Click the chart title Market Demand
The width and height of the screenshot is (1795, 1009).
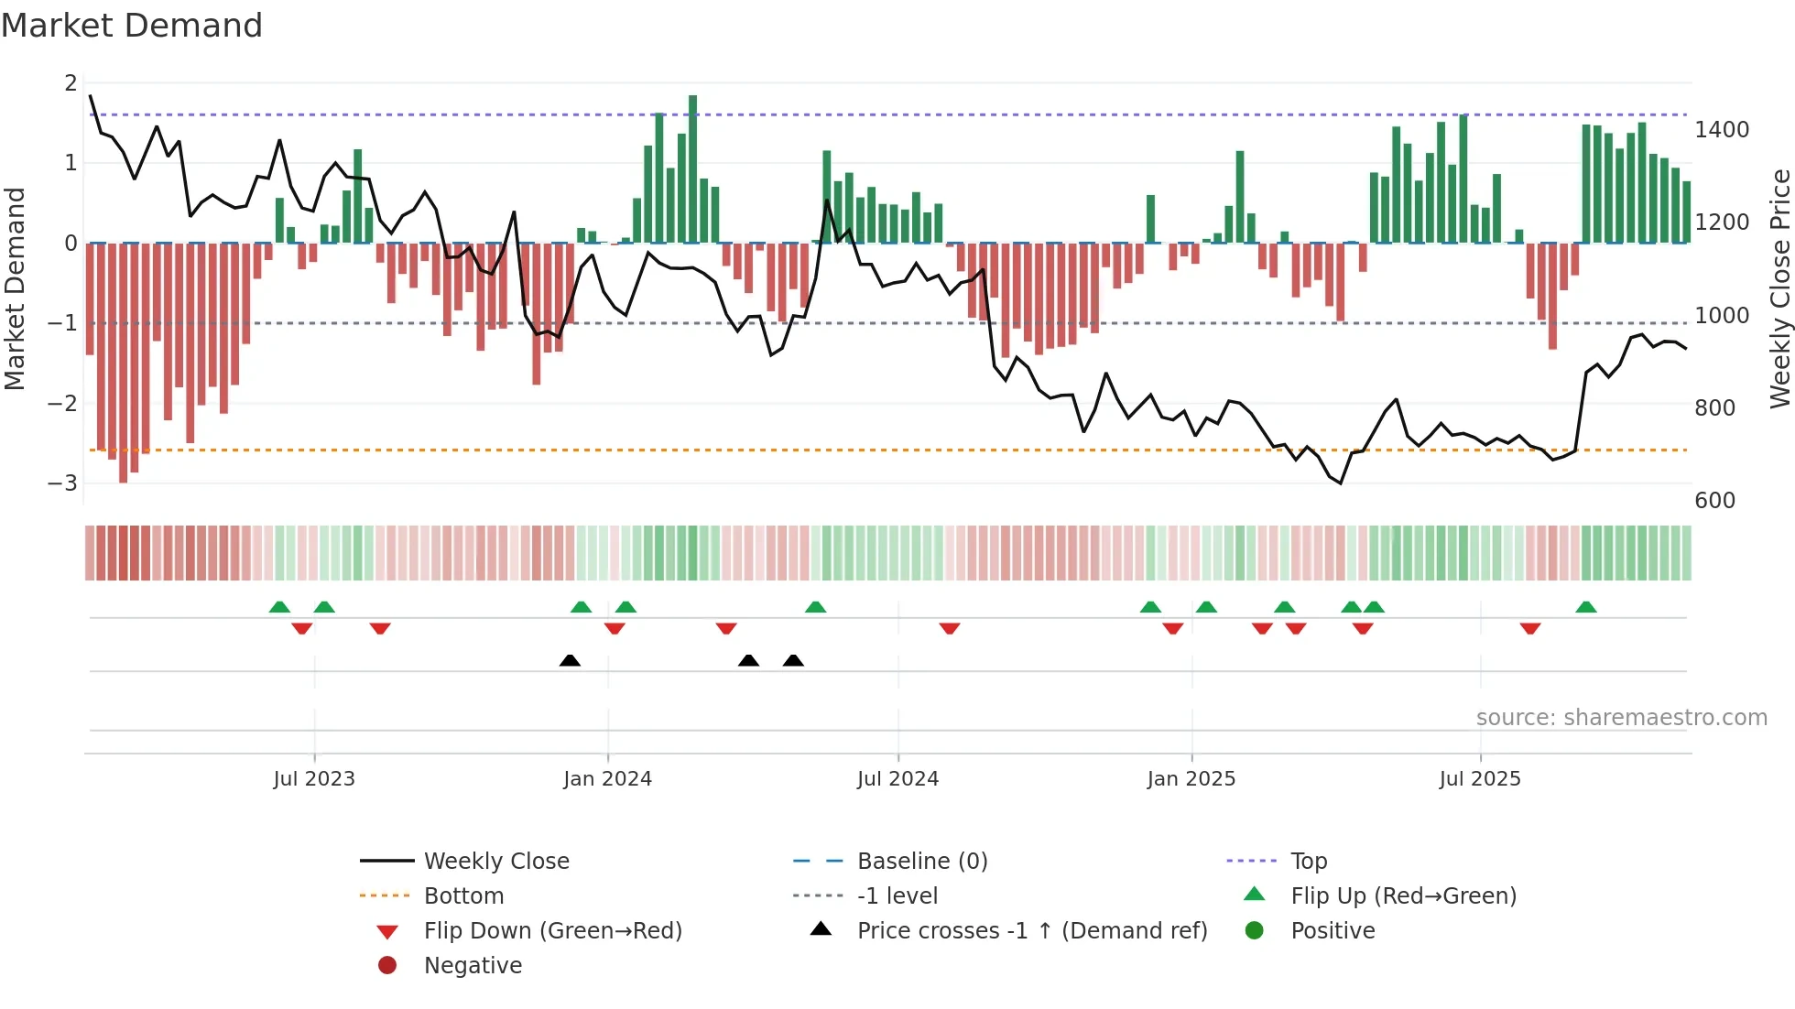point(132,26)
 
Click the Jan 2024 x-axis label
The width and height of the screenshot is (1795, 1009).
point(607,779)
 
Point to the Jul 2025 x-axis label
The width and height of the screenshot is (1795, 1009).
point(1479,779)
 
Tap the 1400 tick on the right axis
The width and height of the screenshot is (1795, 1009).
point(1722,130)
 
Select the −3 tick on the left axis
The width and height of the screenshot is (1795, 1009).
point(63,483)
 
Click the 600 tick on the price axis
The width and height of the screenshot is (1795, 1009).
point(1714,501)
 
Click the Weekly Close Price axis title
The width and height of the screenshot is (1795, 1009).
point(1779,288)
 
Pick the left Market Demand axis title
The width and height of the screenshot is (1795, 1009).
point(16,288)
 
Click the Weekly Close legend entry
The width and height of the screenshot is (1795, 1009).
point(496,862)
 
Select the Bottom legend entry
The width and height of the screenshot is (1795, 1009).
point(463,896)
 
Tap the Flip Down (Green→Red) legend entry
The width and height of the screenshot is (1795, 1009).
point(552,931)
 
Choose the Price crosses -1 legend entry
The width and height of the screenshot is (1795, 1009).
point(1032,931)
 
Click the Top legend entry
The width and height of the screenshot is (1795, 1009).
point(1309,862)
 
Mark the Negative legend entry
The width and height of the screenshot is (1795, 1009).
point(473,966)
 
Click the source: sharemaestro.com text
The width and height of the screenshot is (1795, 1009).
point(1621,718)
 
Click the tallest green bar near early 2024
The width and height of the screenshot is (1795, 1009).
point(693,169)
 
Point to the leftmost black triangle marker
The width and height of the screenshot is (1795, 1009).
point(570,660)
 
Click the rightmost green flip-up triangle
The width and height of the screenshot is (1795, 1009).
point(1586,607)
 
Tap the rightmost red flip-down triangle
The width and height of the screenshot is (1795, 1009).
point(1530,628)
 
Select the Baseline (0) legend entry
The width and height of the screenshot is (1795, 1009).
point(922,862)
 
